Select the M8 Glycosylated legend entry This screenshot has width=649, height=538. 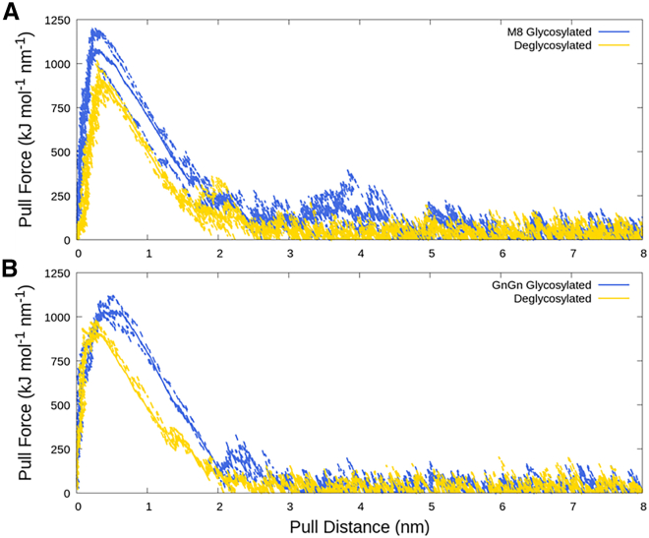(x=549, y=32)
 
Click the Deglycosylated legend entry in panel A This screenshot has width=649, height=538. (x=555, y=45)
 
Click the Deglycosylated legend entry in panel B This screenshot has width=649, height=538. (x=555, y=299)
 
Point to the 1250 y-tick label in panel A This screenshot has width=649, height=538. (x=55, y=21)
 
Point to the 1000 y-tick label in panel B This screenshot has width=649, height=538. (x=55, y=318)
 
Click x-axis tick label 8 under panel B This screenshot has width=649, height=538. (x=641, y=507)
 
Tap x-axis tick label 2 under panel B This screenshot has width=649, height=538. (x=218, y=507)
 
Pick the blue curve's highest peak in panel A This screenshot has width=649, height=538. (x=95, y=30)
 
